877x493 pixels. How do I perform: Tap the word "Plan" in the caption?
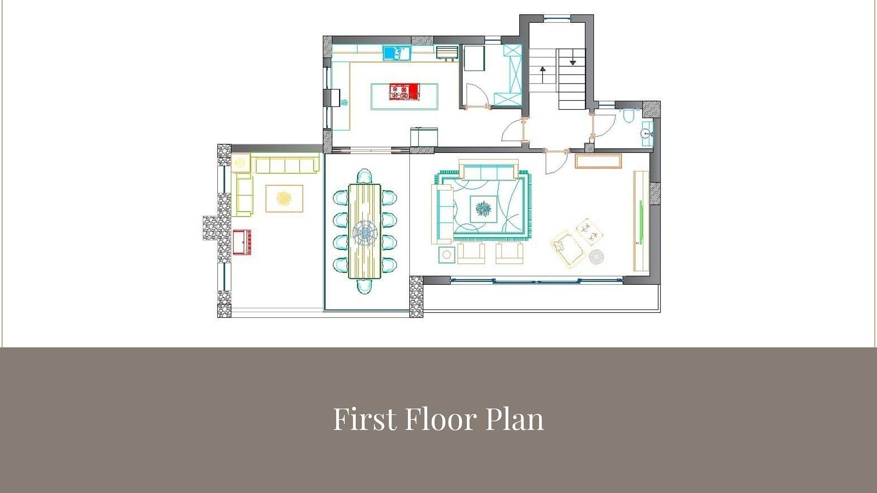[x=514, y=419]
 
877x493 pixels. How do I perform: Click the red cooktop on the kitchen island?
[x=404, y=92]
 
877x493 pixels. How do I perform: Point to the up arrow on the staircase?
[x=543, y=70]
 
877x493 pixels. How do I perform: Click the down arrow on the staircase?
[x=572, y=62]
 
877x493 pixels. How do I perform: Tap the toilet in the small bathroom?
[x=629, y=115]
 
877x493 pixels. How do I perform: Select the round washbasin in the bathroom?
[x=646, y=134]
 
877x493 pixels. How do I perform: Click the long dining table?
[x=365, y=231]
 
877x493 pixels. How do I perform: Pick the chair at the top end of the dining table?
[x=364, y=176]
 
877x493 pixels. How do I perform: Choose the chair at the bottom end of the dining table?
[x=364, y=286]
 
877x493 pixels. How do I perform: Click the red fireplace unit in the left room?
[x=242, y=242]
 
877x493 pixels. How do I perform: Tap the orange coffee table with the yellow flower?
[x=284, y=199]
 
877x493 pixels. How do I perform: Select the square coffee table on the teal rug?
[x=483, y=209]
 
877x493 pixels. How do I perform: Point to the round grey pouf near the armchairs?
[x=596, y=257]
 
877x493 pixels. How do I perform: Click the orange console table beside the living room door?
[x=598, y=162]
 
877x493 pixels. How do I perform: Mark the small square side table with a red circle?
[x=447, y=254]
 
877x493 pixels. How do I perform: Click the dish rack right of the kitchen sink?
[x=446, y=52]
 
